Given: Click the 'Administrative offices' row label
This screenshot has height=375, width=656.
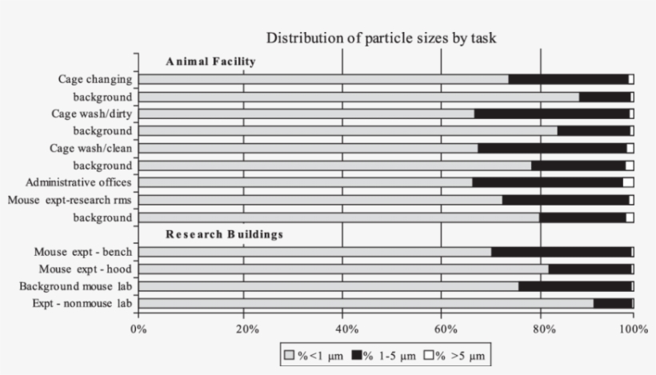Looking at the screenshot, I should [x=78, y=182].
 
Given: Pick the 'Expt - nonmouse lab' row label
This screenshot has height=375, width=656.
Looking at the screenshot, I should [x=82, y=304].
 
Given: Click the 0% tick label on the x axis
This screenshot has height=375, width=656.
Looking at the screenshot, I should [x=138, y=328].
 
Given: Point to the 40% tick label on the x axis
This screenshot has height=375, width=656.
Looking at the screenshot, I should [x=342, y=328].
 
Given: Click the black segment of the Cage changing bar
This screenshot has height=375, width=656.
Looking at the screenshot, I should [x=568, y=79].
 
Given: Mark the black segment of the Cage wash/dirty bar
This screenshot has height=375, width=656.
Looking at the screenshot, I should [x=552, y=114].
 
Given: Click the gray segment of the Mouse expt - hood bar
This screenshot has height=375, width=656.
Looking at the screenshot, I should [x=343, y=269].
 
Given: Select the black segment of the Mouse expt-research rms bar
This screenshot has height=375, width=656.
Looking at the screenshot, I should [x=565, y=200].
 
